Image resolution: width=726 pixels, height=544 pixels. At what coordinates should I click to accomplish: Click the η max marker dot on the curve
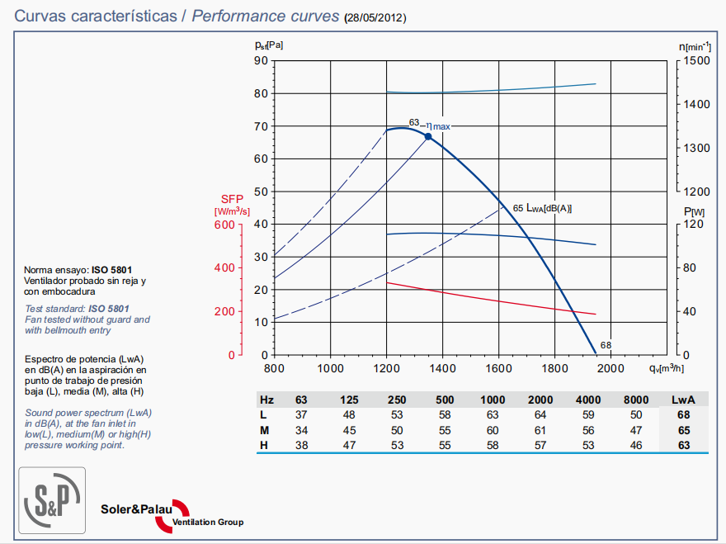coord(428,136)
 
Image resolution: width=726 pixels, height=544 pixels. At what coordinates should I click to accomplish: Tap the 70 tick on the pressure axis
coord(261,126)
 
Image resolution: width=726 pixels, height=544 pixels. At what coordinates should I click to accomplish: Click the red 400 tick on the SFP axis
coord(224,268)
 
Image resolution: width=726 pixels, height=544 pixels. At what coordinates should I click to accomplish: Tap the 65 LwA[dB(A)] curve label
coord(542,208)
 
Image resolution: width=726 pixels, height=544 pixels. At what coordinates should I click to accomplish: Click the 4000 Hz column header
coord(588,400)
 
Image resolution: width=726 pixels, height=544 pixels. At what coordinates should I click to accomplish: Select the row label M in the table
coord(263,430)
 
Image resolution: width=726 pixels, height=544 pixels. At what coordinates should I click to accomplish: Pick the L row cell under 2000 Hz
coord(541,414)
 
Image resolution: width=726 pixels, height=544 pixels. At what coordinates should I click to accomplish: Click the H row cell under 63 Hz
coord(301,446)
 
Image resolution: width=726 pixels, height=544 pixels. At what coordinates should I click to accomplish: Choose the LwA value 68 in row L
coord(684,414)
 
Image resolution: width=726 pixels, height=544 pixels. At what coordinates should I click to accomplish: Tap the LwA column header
coord(684,400)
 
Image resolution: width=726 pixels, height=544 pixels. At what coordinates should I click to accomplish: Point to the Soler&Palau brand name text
coord(136,509)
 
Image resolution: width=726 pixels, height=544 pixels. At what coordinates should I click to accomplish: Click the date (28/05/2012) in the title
coord(375,17)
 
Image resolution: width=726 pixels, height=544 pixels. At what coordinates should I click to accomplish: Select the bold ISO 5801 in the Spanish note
coord(111,270)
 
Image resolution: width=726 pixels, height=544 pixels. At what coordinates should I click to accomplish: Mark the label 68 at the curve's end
coord(606,345)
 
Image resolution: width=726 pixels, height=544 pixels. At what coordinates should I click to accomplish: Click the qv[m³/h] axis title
coord(666,367)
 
